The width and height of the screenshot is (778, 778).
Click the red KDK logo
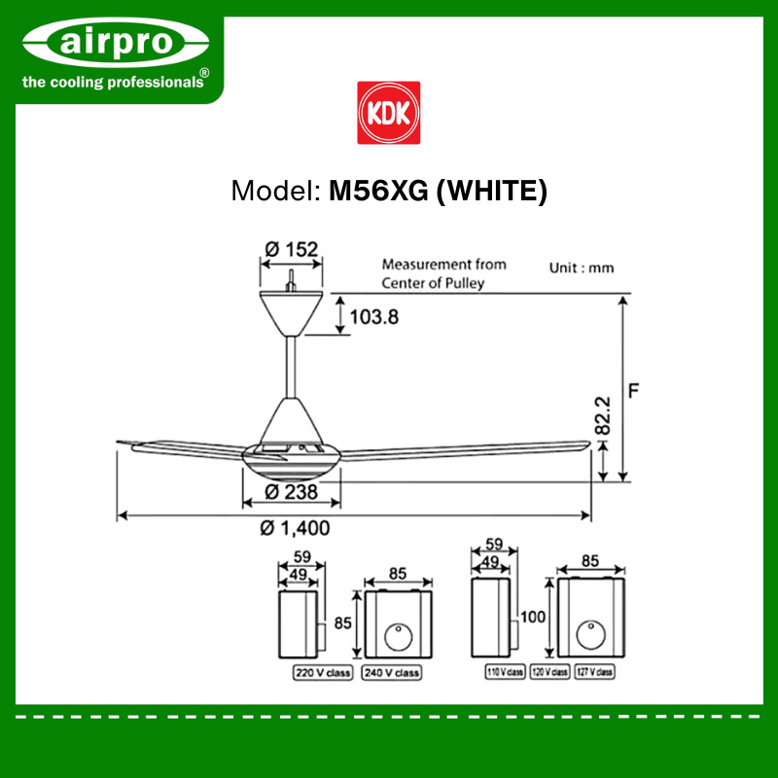pos(388,113)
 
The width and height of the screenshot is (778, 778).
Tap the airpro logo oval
pos(116,42)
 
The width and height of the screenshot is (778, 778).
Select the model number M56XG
pos(378,191)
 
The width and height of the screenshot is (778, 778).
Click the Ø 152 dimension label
pos(291,249)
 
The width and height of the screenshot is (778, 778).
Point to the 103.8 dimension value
pos(374,317)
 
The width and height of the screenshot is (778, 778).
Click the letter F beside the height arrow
pos(633,391)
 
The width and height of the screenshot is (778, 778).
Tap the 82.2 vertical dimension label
pos(602,415)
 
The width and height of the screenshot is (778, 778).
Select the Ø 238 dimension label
pos(291,492)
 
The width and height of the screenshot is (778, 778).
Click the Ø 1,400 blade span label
pos(295,528)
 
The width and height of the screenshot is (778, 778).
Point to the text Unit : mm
pos(582,268)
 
